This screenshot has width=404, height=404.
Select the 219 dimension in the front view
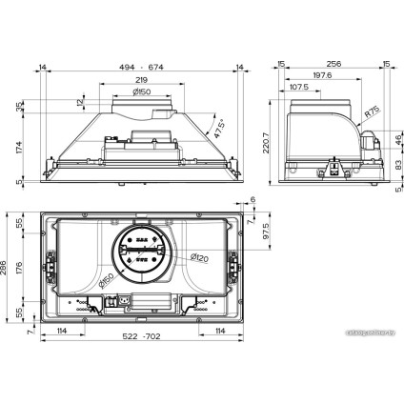pos(140,80)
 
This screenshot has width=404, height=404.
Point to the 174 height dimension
pos(20,147)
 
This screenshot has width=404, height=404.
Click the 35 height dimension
pos(20,107)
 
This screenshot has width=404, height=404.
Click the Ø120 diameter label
pos(199,258)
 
